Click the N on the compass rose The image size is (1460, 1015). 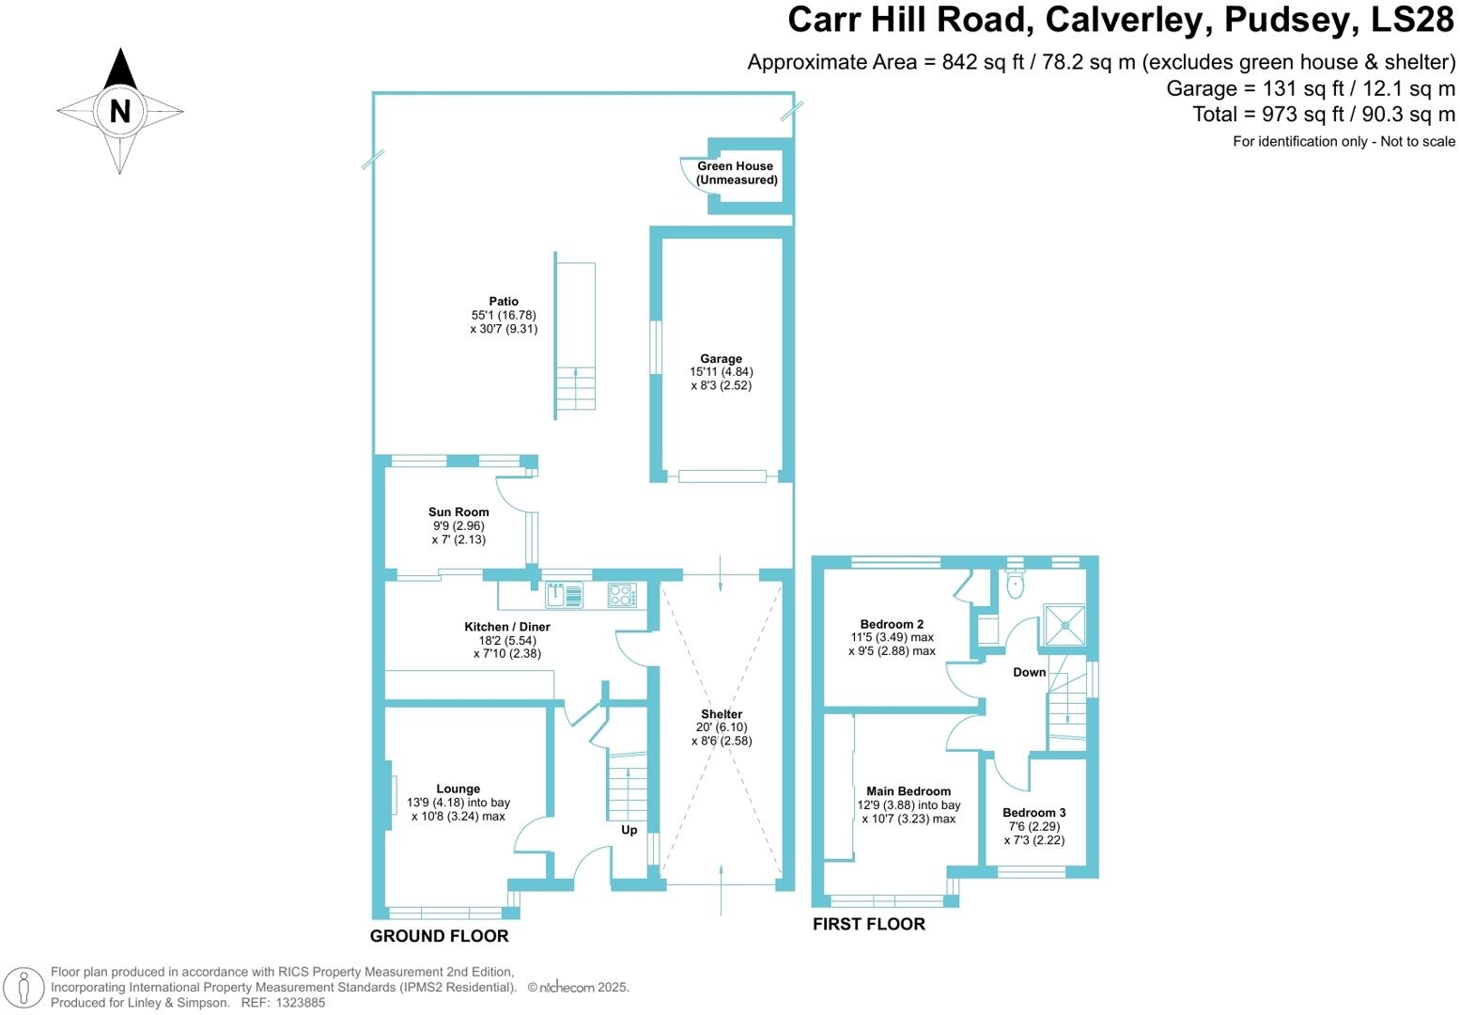pyautogui.click(x=119, y=111)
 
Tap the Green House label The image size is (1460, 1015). pyautogui.click(x=736, y=166)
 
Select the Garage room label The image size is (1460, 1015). pyautogui.click(x=721, y=359)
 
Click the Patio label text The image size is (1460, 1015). pyautogui.click(x=504, y=302)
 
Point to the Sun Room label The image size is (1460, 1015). pyautogui.click(x=458, y=512)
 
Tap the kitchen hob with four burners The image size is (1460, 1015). pyautogui.click(x=622, y=595)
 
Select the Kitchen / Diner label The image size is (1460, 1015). pyautogui.click(x=507, y=627)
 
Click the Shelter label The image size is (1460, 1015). pyautogui.click(x=722, y=714)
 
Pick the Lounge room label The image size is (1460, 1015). pyautogui.click(x=458, y=789)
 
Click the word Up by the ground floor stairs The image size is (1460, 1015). pyautogui.click(x=629, y=830)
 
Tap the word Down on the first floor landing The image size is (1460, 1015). pyautogui.click(x=1030, y=672)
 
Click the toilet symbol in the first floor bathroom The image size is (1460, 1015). pyautogui.click(x=1015, y=585)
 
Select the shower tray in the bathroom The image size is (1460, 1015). pyautogui.click(x=1064, y=625)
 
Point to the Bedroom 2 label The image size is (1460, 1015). pyautogui.click(x=892, y=624)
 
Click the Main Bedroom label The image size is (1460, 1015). pyautogui.click(x=909, y=791)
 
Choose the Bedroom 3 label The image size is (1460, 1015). pyautogui.click(x=1034, y=813)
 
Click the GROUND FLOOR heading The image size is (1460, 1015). pyautogui.click(x=439, y=936)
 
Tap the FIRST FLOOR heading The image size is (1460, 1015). pyautogui.click(x=869, y=924)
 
